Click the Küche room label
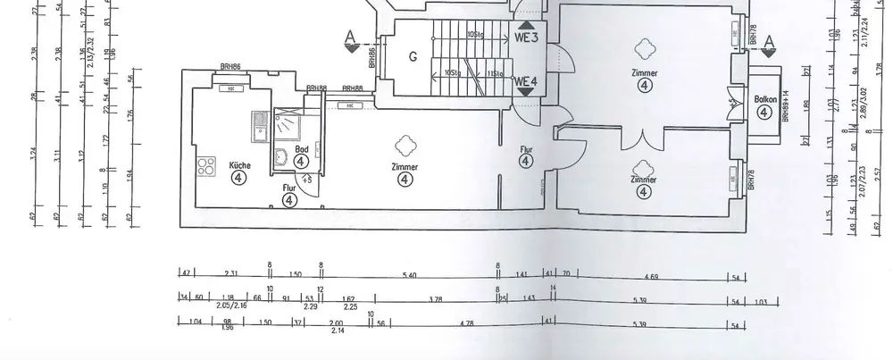click(x=239, y=164)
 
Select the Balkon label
click(x=764, y=100)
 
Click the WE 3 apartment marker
click(x=527, y=38)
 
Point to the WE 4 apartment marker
click(x=526, y=81)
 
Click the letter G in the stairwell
click(x=413, y=57)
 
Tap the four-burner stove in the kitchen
click(x=206, y=165)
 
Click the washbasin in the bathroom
click(x=280, y=158)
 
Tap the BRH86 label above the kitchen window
click(x=234, y=68)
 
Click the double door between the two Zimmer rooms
click(x=640, y=141)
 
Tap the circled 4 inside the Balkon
click(x=764, y=113)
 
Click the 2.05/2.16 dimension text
click(x=232, y=306)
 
